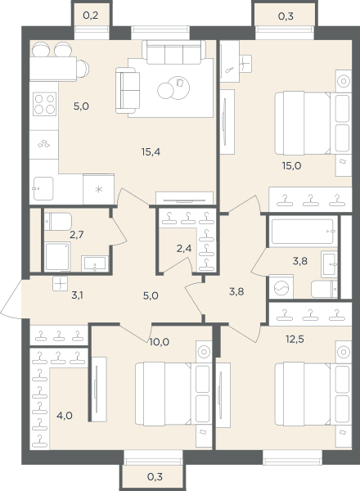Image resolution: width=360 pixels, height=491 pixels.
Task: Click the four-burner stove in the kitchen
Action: click(44, 104)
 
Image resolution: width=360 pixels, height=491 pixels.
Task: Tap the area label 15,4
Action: click(151, 152)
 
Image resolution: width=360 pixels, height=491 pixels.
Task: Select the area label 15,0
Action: click(291, 166)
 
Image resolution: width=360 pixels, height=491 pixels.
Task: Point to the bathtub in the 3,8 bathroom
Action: click(302, 232)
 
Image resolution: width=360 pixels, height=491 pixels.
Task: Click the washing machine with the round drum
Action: click(281, 287)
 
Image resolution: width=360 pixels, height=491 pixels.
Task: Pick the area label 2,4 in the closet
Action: click(184, 249)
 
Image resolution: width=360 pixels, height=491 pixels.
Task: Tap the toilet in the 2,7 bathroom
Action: click(58, 222)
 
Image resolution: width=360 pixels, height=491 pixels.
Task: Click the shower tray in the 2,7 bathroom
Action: click(57, 256)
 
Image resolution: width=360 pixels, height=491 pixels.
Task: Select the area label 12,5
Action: click(295, 339)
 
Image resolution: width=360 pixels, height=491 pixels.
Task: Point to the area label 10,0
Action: click(160, 342)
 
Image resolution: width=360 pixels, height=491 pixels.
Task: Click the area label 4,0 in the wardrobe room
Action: click(65, 416)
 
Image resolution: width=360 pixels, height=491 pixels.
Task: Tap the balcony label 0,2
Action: click(91, 16)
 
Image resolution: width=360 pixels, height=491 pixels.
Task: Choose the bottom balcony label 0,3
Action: click(155, 477)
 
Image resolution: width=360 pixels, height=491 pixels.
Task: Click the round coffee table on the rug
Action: click(173, 88)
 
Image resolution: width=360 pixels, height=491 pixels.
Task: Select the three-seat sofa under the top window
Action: click(174, 52)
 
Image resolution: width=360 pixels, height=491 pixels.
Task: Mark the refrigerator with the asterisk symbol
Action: click(99, 189)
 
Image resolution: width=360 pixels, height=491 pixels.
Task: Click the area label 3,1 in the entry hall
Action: click(77, 295)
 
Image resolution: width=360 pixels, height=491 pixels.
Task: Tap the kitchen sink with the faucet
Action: click(43, 188)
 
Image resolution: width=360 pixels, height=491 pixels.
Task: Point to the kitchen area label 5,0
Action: click(81, 106)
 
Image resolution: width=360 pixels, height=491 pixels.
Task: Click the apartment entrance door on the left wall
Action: click(11, 299)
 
